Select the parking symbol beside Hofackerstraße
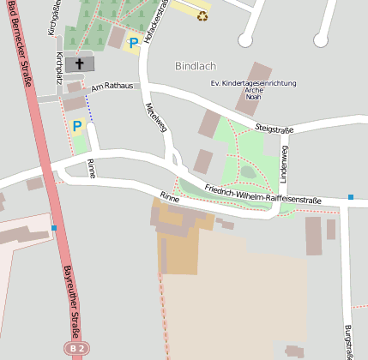[133, 42]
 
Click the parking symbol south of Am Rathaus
[77, 126]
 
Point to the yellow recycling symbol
[202, 15]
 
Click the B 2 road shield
[77, 349]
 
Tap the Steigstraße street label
[274, 129]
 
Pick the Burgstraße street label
[348, 340]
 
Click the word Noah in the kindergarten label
[254, 98]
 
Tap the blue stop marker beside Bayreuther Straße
[54, 228]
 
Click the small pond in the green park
[248, 172]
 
